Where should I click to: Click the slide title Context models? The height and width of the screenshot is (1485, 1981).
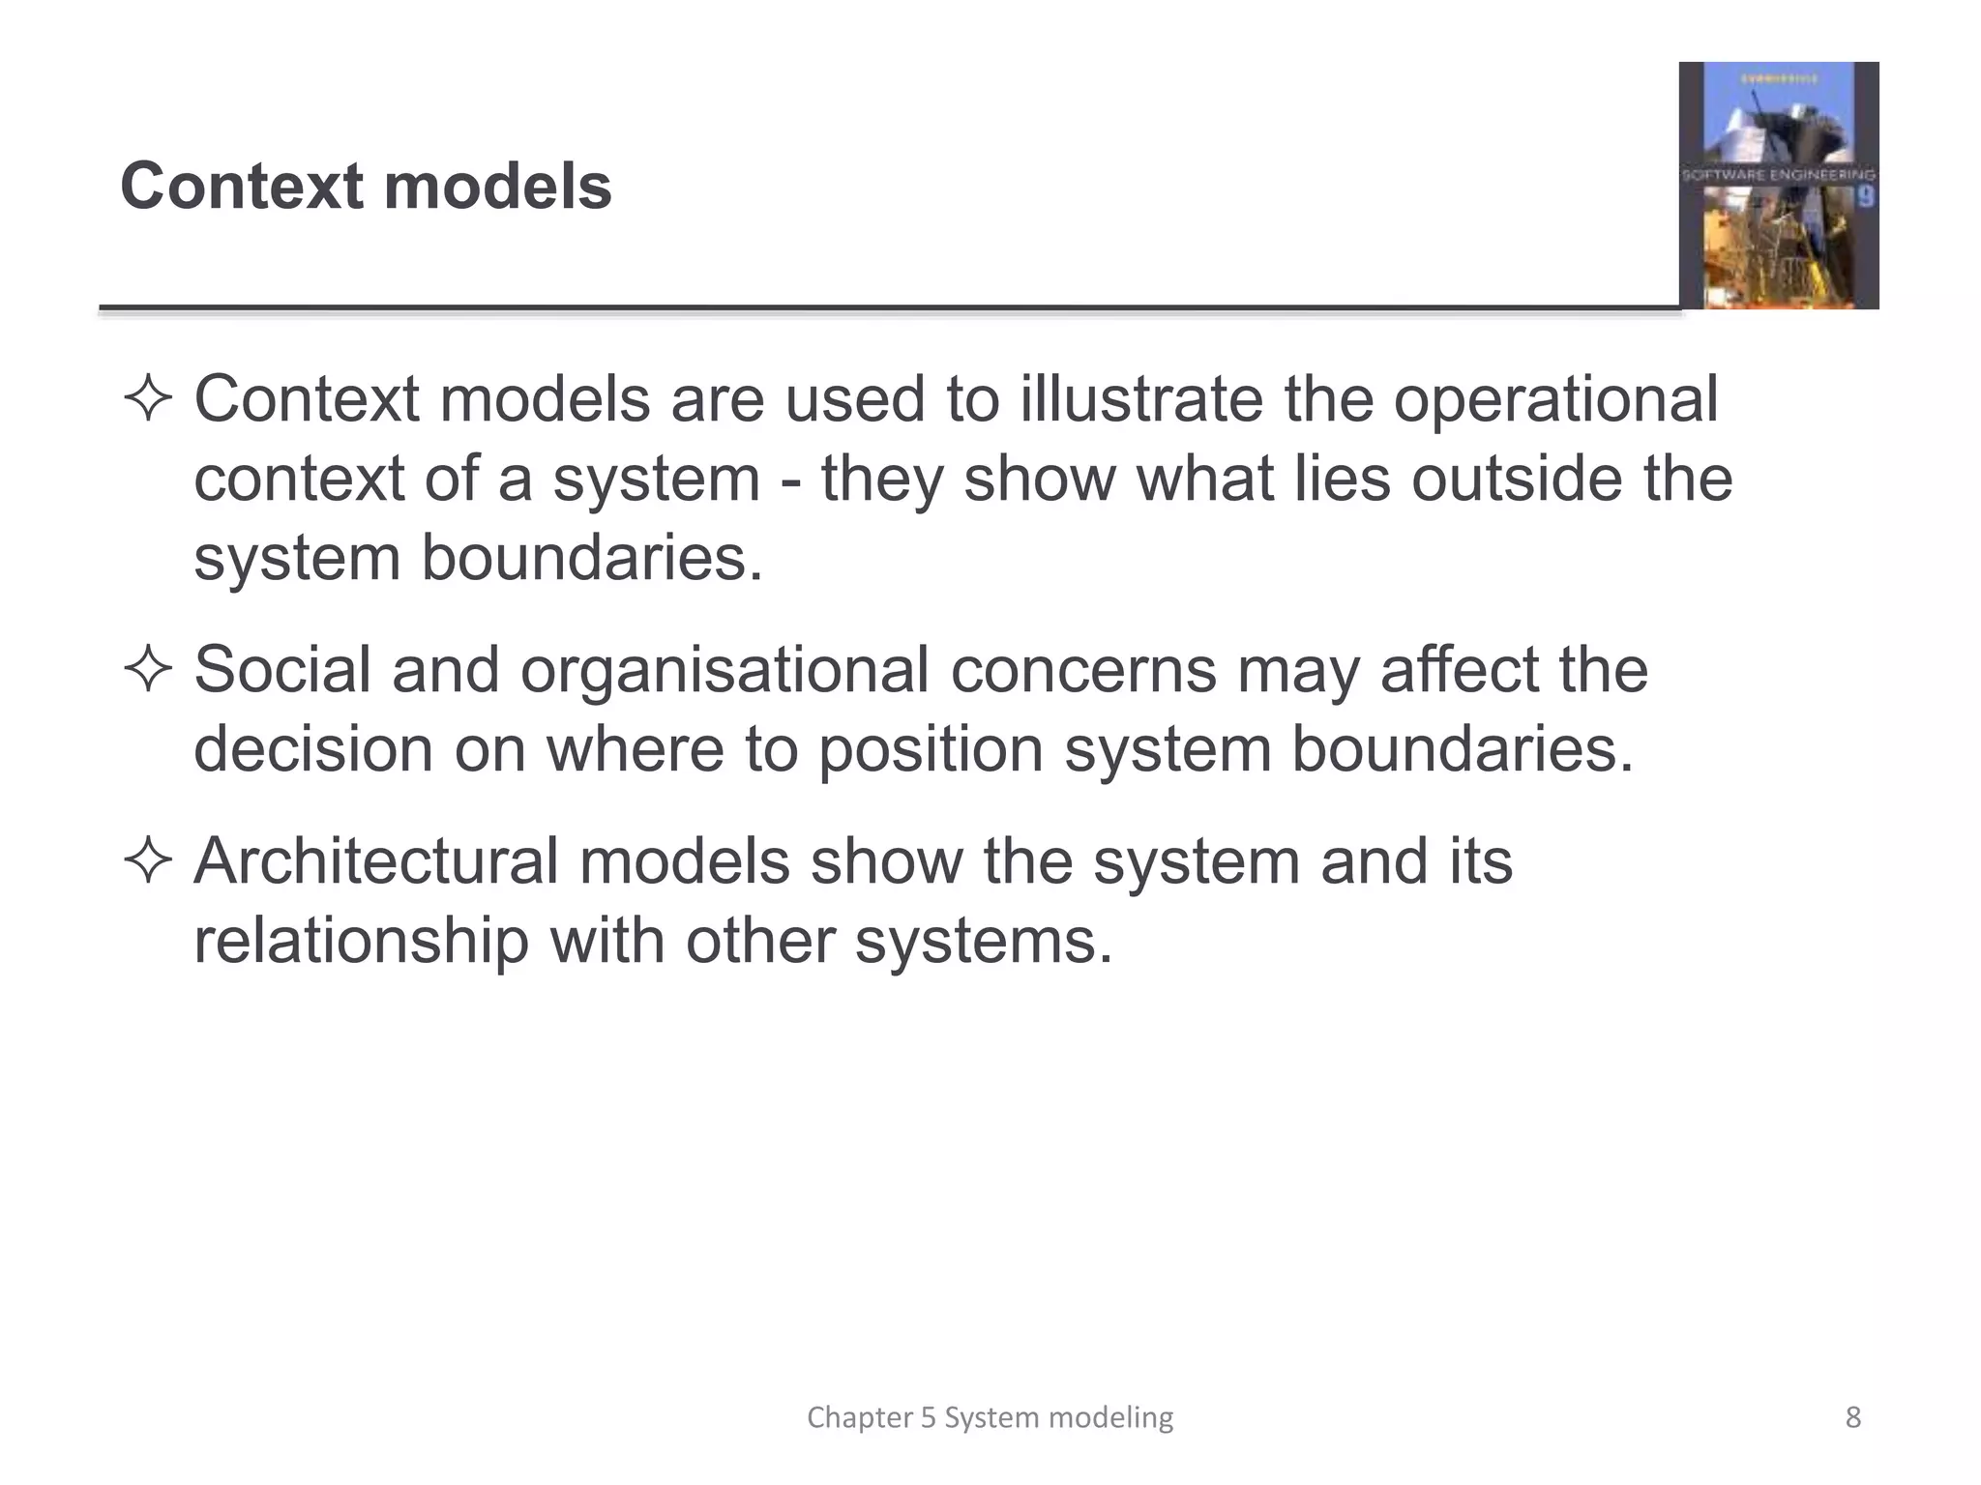pos(366,186)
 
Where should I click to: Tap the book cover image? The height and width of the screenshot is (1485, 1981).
pos(1778,186)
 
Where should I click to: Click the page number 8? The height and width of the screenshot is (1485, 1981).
pos(1852,1417)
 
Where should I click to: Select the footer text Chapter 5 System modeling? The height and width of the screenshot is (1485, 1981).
pos(990,1417)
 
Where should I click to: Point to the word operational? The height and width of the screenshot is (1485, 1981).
pos(1555,399)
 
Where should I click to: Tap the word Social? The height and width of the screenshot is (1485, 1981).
pos(282,669)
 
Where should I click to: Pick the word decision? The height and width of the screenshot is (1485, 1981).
pos(313,749)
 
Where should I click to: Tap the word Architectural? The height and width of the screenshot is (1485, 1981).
pos(376,861)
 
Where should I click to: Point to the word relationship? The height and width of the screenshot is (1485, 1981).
pos(361,941)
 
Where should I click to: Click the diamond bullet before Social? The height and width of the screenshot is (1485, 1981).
pos(148,670)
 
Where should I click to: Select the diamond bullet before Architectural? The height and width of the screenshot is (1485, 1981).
pos(148,861)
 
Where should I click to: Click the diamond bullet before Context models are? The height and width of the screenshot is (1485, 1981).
pos(148,399)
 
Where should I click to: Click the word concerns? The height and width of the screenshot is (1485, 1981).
pos(1083,669)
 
